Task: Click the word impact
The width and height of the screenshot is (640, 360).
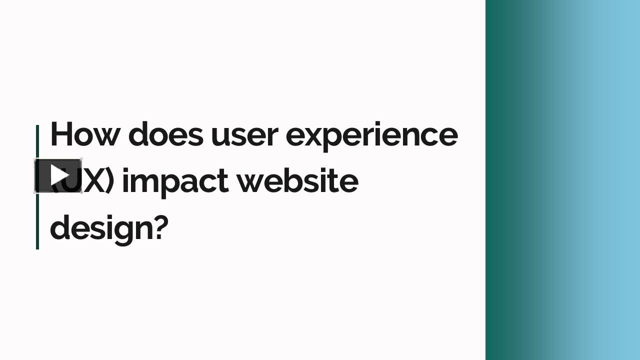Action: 175,181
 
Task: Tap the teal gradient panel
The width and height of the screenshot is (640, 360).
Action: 562,180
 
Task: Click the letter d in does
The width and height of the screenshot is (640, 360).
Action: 138,134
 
